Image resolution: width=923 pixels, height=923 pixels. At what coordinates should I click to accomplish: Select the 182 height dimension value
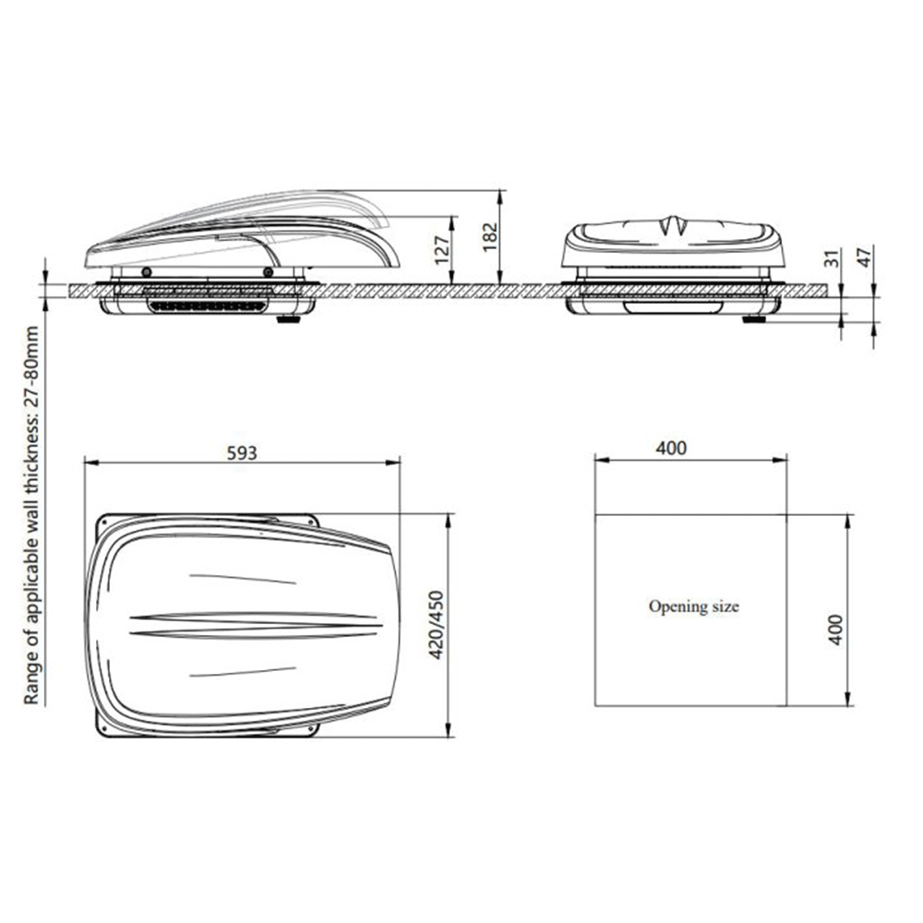click(490, 238)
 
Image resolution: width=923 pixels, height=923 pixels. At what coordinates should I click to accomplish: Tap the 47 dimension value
click(865, 257)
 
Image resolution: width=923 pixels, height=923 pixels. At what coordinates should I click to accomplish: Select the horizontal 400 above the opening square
click(671, 448)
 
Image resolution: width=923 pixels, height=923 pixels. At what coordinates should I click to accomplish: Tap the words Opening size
click(693, 606)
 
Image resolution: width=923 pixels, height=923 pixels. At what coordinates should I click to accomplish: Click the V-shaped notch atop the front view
click(672, 224)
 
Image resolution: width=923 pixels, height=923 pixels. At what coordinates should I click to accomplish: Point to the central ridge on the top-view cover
click(254, 624)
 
